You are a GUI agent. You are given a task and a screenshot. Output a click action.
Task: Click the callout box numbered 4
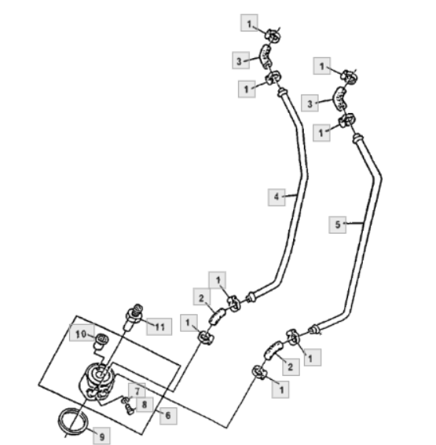pos(277,197)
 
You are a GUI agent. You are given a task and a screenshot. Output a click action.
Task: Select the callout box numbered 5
pos(338,224)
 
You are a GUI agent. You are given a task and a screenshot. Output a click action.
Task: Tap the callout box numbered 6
pos(168,416)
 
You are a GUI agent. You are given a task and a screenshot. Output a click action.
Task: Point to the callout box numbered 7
pos(137,392)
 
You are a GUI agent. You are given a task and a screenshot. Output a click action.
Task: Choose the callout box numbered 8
pos(145,404)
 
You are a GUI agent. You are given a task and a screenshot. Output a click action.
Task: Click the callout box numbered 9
pos(101,436)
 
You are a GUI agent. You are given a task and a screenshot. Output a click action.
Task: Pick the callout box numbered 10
pos(82,334)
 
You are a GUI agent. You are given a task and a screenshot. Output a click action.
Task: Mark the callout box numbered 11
pos(159,327)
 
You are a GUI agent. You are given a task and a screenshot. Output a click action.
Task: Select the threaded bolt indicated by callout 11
pos(134,316)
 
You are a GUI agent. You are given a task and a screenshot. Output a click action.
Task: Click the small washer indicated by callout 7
pos(125,400)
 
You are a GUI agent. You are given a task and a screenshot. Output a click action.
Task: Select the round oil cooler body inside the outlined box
pos(97,381)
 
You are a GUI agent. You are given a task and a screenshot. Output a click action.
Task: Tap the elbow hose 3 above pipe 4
pos(266,56)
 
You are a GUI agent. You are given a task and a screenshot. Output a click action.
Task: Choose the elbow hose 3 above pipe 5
pos(339,98)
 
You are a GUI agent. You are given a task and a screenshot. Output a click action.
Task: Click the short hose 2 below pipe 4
pos(218,316)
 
